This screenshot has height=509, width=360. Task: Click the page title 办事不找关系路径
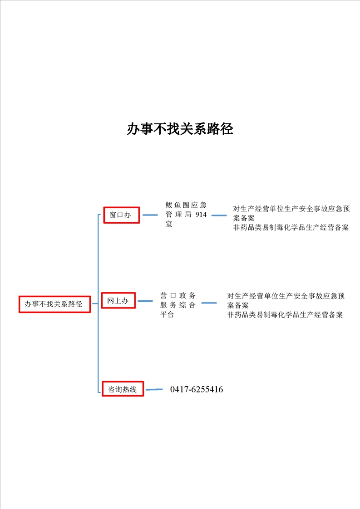(x=180, y=129)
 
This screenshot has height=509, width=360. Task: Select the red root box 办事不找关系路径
(x=54, y=304)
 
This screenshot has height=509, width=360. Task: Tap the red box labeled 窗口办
(x=122, y=215)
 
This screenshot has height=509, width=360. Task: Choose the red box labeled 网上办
(x=118, y=301)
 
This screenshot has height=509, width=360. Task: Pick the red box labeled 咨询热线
(x=123, y=389)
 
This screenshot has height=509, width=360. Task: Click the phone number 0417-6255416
(x=197, y=389)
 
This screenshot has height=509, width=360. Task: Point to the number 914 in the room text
(x=201, y=215)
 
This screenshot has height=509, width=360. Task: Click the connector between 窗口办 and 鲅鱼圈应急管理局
(x=150, y=215)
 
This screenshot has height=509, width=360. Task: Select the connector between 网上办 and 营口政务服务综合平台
(x=145, y=301)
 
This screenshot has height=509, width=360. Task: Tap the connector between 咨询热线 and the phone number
(x=154, y=389)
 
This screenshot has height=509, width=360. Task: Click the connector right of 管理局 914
(x=219, y=215)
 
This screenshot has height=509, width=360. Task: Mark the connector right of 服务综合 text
(x=209, y=303)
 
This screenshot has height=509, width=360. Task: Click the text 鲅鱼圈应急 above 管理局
(x=186, y=205)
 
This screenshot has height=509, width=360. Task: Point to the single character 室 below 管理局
(x=168, y=224)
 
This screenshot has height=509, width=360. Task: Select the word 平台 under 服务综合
(x=167, y=314)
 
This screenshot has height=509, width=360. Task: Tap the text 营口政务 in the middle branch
(x=178, y=295)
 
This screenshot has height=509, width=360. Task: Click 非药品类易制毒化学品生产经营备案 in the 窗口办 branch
(x=291, y=228)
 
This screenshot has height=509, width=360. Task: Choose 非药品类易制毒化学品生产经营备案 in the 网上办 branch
(x=285, y=314)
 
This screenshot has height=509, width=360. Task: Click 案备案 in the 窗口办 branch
(x=244, y=218)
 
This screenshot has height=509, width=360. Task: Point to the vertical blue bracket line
(x=98, y=303)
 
